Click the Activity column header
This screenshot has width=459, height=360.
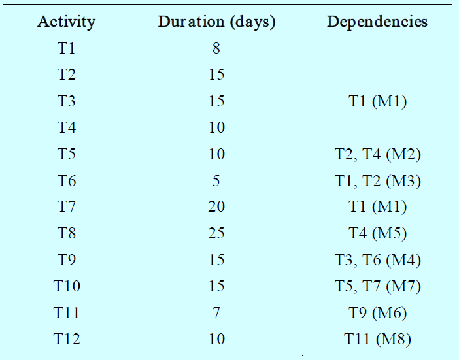[x=67, y=22]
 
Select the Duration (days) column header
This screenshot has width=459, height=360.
[x=216, y=22]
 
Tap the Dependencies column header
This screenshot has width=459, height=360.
[x=377, y=22]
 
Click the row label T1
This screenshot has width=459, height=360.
[x=67, y=48]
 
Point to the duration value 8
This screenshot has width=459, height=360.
[x=216, y=48]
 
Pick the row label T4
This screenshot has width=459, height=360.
[x=67, y=127]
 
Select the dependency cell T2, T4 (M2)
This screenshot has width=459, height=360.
[x=378, y=154]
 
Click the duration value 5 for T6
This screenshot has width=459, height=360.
[x=216, y=181]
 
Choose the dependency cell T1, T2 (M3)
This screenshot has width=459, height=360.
[x=378, y=181]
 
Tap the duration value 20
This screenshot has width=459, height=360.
[x=216, y=206]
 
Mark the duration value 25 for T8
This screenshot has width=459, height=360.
[x=216, y=233]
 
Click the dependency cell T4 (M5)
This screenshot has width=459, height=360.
[x=378, y=234]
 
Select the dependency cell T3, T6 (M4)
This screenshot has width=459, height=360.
[x=378, y=260]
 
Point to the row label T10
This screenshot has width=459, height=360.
[x=67, y=286]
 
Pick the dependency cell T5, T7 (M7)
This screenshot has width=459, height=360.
[x=378, y=286]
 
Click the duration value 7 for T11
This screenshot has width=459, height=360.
[x=216, y=313]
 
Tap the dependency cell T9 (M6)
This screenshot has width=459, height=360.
[x=378, y=313]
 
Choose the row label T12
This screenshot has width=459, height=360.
[x=67, y=339]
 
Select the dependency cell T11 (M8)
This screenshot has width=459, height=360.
[x=378, y=339]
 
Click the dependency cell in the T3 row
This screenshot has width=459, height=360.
[x=378, y=102]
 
